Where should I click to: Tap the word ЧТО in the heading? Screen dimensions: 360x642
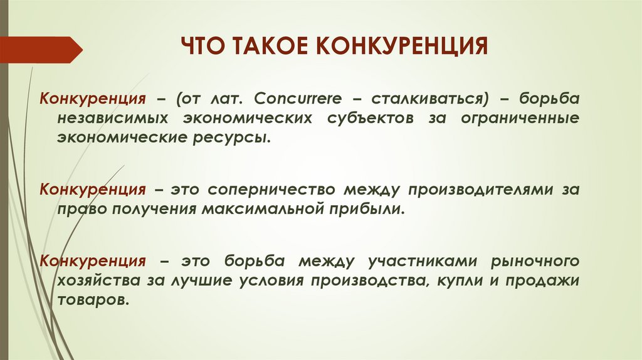click(x=202, y=48)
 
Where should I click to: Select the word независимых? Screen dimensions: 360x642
click(x=115, y=119)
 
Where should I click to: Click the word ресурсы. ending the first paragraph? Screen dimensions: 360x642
click(x=239, y=137)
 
